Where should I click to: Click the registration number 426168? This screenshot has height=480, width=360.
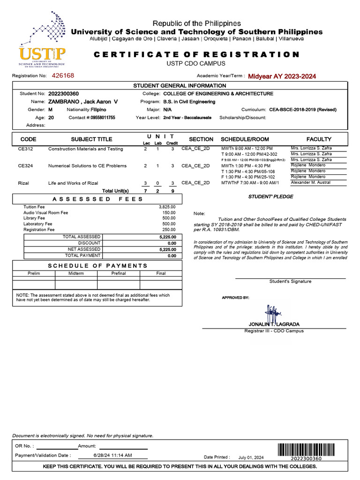click(x=63, y=75)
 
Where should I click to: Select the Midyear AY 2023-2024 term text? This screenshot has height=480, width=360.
click(x=282, y=76)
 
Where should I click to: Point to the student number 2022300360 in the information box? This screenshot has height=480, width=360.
click(x=63, y=94)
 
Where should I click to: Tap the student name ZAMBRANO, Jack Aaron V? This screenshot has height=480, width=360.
click(x=83, y=102)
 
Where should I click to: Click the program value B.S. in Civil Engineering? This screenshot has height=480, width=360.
click(x=189, y=102)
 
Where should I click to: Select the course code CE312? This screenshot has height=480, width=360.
click(x=25, y=149)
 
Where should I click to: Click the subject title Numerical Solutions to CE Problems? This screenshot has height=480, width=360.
click(x=87, y=166)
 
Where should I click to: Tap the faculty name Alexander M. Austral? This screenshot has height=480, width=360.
click(x=311, y=182)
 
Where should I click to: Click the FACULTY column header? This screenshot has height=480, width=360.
click(x=319, y=139)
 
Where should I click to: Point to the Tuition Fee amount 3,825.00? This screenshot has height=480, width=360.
click(x=167, y=207)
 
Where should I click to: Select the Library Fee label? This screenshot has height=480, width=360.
click(x=34, y=218)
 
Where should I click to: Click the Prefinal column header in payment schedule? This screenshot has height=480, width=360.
click(x=118, y=273)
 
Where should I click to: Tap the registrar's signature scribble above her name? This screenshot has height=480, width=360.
click(x=272, y=312)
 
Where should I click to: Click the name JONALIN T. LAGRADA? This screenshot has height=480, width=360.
click(x=274, y=324)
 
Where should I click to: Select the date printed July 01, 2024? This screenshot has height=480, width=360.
click(x=251, y=457)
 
